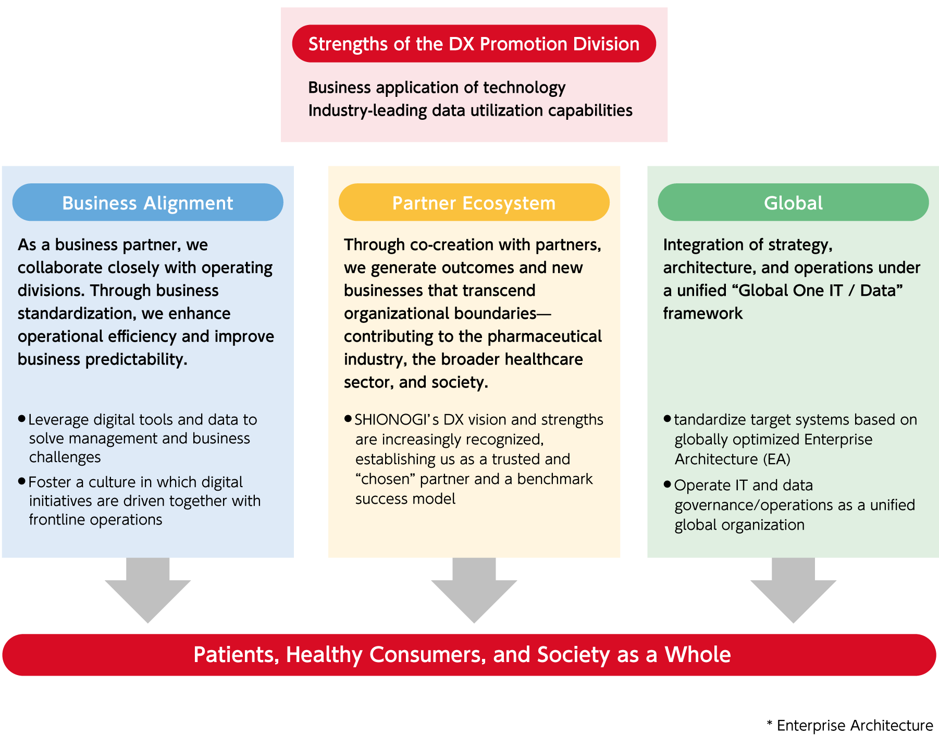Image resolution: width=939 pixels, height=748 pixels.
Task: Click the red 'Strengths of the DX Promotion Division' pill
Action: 474,44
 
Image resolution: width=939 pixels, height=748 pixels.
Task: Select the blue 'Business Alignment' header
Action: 147,203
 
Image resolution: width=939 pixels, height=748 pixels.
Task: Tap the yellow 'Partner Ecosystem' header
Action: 474,203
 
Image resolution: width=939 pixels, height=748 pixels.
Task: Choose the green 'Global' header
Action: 793,203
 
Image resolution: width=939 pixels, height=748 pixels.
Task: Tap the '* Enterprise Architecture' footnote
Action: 849,726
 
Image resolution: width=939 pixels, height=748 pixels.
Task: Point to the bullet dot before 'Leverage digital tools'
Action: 21,418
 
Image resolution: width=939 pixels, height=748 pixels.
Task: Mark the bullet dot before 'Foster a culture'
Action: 21,481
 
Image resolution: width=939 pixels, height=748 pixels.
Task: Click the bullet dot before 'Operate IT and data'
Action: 667,484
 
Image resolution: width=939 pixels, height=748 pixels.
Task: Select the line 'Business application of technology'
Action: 437,88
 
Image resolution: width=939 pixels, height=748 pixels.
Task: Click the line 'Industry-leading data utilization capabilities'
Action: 470,110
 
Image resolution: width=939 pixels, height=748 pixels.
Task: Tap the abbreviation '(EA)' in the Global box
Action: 777,459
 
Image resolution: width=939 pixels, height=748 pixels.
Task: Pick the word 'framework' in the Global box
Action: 702,314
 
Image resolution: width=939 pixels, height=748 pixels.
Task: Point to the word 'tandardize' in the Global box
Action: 709,420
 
